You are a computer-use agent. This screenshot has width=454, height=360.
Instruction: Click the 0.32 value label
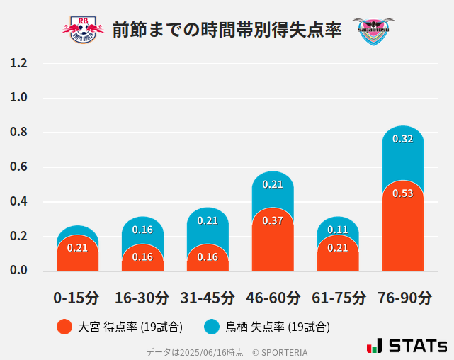(x=402, y=139)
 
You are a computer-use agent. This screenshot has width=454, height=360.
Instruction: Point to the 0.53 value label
(x=402, y=193)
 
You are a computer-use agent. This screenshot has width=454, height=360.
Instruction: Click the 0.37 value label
(x=273, y=220)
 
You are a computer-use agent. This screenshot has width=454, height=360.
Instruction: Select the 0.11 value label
(x=337, y=230)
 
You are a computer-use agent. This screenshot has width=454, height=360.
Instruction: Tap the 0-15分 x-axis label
(x=77, y=297)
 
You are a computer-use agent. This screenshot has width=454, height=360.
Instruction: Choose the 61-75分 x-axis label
(x=338, y=297)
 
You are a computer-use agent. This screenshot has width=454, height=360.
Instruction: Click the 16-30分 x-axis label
(x=142, y=297)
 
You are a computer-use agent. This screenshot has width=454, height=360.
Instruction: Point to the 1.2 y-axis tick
(x=19, y=64)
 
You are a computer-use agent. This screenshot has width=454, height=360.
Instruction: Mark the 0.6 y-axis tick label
(x=19, y=167)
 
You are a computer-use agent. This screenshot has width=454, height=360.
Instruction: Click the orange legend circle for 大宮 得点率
(x=64, y=327)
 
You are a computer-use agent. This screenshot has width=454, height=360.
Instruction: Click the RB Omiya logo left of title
(x=83, y=29)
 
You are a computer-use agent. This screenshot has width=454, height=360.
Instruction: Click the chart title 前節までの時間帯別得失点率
(x=227, y=30)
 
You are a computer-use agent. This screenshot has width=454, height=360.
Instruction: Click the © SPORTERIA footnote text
(x=280, y=351)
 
